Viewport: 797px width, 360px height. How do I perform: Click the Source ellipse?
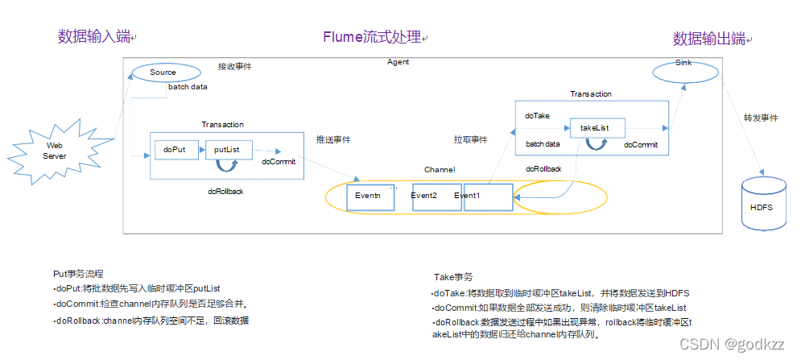click(x=163, y=72)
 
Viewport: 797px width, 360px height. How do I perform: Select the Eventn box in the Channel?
click(x=369, y=197)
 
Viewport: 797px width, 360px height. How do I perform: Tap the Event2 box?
click(x=436, y=197)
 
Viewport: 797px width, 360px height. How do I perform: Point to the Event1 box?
click(x=487, y=197)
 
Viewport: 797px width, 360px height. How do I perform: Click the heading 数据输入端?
click(x=93, y=36)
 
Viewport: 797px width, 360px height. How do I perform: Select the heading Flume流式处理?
click(x=372, y=36)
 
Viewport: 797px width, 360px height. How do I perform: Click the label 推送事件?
click(x=332, y=139)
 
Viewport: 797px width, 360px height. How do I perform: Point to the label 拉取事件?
click(x=470, y=139)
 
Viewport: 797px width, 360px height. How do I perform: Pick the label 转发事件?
click(x=761, y=118)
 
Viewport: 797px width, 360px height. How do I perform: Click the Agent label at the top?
click(x=398, y=62)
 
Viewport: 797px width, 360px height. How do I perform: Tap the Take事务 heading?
click(x=453, y=276)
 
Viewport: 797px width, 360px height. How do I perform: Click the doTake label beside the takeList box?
click(x=537, y=116)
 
